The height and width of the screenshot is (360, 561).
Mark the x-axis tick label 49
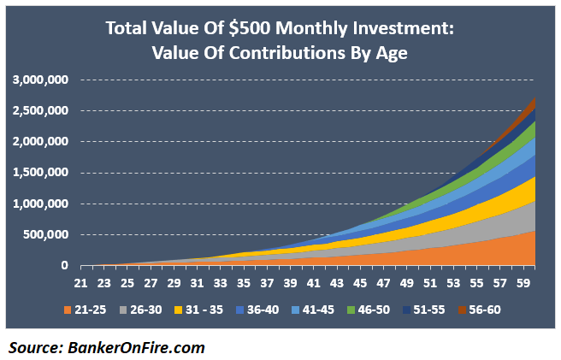tap(409, 281)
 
